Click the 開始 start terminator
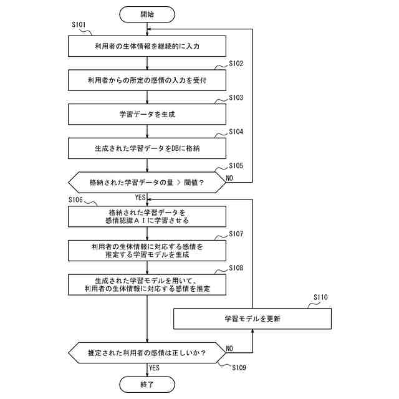click(147, 14)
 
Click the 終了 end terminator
click(147, 385)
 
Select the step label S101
click(79, 25)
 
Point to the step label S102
click(236, 64)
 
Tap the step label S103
click(236, 98)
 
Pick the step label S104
click(236, 132)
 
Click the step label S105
click(236, 166)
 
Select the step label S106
click(75, 200)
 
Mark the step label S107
click(236, 234)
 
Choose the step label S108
click(236, 268)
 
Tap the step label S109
click(239, 368)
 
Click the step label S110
click(320, 297)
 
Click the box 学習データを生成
click(147, 114)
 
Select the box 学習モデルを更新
click(252, 319)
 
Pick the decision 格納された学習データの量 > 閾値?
click(147, 183)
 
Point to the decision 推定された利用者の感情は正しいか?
click(147, 353)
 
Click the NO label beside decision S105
click(229, 178)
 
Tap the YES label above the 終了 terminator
click(154, 368)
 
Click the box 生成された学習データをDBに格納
click(147, 148)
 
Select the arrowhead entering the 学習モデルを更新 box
click(252, 331)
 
